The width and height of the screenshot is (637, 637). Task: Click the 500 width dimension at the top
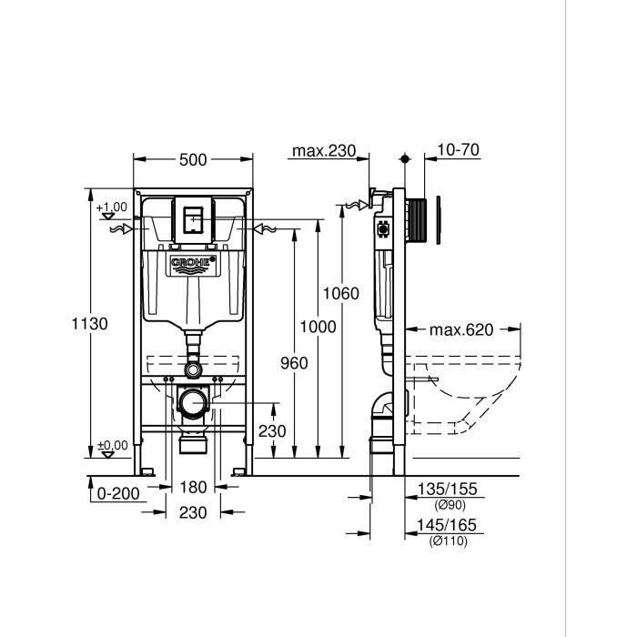tap(193, 160)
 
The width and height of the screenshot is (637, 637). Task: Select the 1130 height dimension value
tap(91, 324)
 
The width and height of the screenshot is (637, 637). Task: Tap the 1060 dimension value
tap(341, 293)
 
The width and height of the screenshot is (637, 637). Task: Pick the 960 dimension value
tap(294, 363)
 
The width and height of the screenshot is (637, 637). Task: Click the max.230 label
tap(323, 151)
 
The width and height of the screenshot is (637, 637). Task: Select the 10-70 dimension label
tap(456, 151)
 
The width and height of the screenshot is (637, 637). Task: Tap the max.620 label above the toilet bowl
tap(461, 329)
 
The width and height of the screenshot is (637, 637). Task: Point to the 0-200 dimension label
tap(117, 494)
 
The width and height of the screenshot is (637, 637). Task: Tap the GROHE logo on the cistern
tap(193, 265)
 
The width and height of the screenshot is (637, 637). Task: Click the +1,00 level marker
tap(113, 208)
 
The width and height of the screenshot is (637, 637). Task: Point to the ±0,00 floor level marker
tap(113, 446)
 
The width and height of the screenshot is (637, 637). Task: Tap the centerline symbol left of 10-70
tap(406, 159)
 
